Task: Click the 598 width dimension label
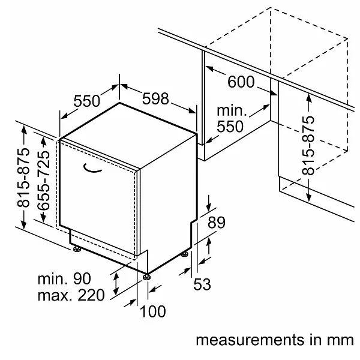point(155,98)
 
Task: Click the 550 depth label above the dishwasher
point(86,101)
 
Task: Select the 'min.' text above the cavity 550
point(232,112)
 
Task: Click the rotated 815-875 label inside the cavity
point(308,146)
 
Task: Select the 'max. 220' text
point(71,295)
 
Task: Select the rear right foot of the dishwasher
point(185,255)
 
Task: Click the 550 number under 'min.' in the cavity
point(230,127)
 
